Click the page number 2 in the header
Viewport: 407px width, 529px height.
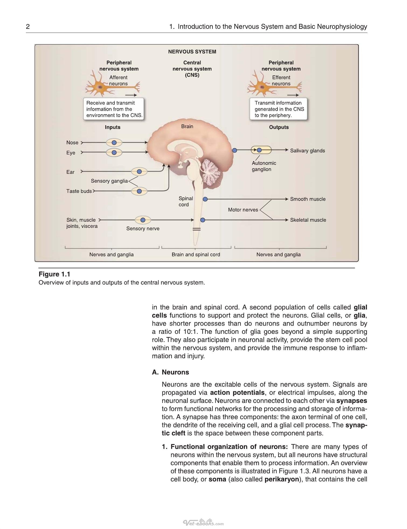[x=28, y=26]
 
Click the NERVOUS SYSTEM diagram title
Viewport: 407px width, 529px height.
[x=192, y=52]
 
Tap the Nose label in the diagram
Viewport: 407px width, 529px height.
[x=72, y=142]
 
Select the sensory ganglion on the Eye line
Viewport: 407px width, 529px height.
[x=114, y=152]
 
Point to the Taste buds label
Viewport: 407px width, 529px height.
[x=79, y=191]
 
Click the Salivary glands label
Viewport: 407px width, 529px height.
[x=307, y=151]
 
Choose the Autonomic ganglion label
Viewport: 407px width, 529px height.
[x=264, y=166]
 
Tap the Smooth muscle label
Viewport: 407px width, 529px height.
[x=308, y=199]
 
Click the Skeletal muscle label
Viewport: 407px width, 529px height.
[x=308, y=220]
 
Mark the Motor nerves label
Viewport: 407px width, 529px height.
[x=243, y=210]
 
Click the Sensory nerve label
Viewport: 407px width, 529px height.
[x=143, y=228]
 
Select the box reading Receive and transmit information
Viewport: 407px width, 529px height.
[x=113, y=109]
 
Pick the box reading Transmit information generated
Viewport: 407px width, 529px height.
[x=278, y=109]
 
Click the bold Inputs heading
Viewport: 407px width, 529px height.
[x=113, y=127]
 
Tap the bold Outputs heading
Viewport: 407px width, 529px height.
[x=279, y=127]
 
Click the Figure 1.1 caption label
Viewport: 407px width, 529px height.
[x=54, y=274]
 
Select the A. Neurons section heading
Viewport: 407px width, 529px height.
[x=171, y=372]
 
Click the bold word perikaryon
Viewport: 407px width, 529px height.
[x=282, y=479]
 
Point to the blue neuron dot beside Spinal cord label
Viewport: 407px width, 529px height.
[x=205, y=199]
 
